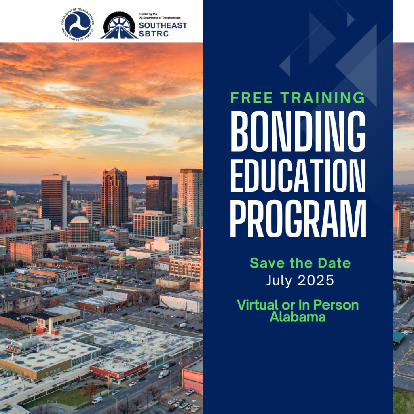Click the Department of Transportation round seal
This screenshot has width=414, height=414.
[x=78, y=24]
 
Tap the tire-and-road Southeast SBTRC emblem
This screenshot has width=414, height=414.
[x=119, y=25]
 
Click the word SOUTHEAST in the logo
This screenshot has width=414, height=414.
[x=163, y=25]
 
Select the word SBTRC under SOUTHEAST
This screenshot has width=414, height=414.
[x=154, y=34]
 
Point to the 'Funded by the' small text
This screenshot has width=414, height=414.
[x=148, y=14]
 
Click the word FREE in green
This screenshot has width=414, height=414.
[x=251, y=98]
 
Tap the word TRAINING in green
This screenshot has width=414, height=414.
[x=323, y=98]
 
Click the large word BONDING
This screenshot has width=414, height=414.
[x=298, y=131]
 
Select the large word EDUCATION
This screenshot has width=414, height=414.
[x=298, y=175]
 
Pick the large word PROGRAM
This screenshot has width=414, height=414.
[x=298, y=219]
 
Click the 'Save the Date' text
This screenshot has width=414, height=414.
[x=300, y=263]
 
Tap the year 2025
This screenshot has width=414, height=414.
[x=316, y=281]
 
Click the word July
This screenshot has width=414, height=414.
[x=279, y=281]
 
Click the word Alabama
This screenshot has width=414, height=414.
[x=298, y=317]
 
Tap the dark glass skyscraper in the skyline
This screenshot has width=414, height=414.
[x=159, y=194]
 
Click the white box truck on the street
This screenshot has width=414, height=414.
[x=164, y=374]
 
